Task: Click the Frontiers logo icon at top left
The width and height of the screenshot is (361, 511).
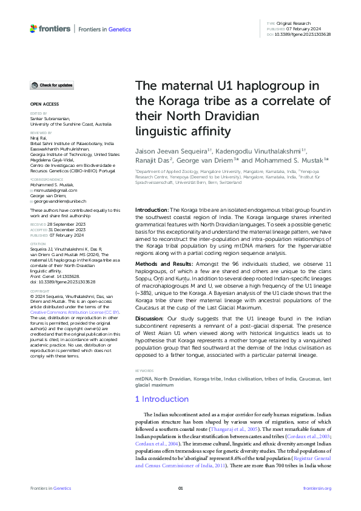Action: click(35, 29)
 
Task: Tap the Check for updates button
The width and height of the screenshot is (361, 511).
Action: click(53, 85)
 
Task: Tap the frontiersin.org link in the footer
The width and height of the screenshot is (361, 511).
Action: click(317, 488)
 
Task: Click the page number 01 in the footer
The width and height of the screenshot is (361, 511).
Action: click(180, 488)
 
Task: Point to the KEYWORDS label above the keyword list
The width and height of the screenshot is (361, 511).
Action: click(143, 370)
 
